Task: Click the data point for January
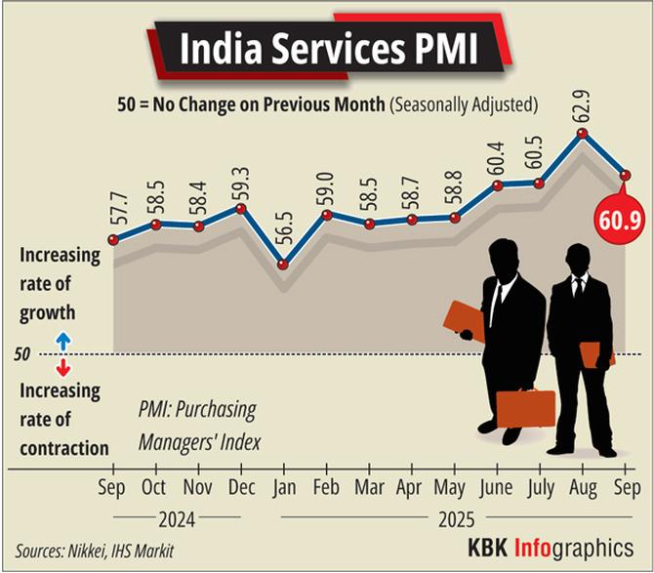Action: coord(283,265)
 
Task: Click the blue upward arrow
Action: coord(62,341)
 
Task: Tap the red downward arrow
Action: coord(62,367)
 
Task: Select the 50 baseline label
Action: coord(21,353)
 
